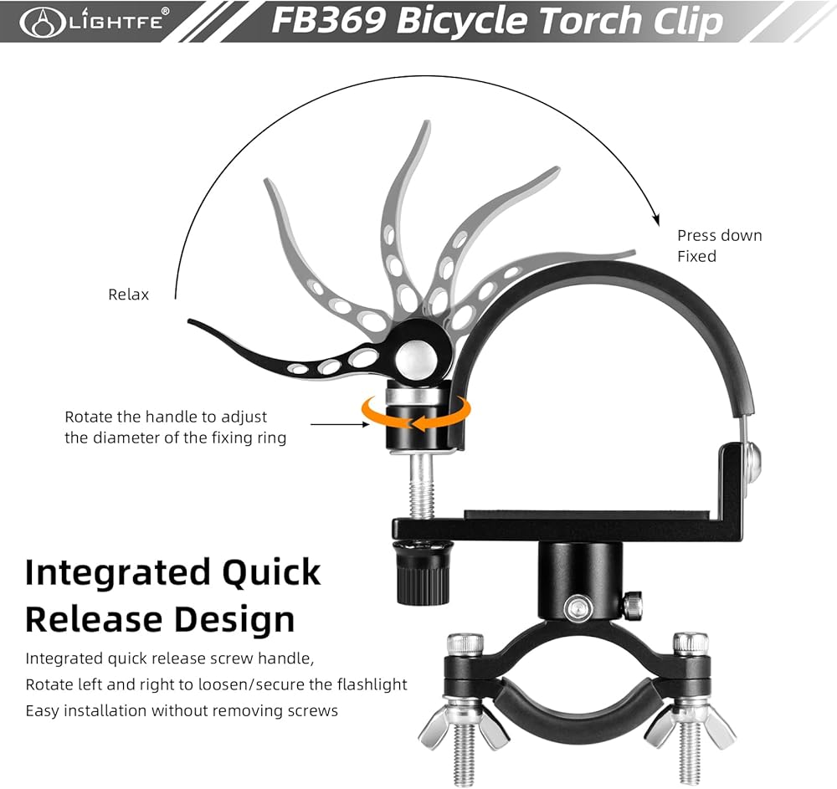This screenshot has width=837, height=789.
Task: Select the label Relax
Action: pyautogui.click(x=128, y=295)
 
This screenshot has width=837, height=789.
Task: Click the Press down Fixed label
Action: pyautogui.click(x=719, y=245)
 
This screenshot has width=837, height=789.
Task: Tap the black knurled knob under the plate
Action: pyautogui.click(x=421, y=572)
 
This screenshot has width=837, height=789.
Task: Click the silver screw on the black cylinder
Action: pyautogui.click(x=575, y=607)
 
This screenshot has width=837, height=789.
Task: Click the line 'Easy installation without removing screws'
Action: pyautogui.click(x=182, y=710)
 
